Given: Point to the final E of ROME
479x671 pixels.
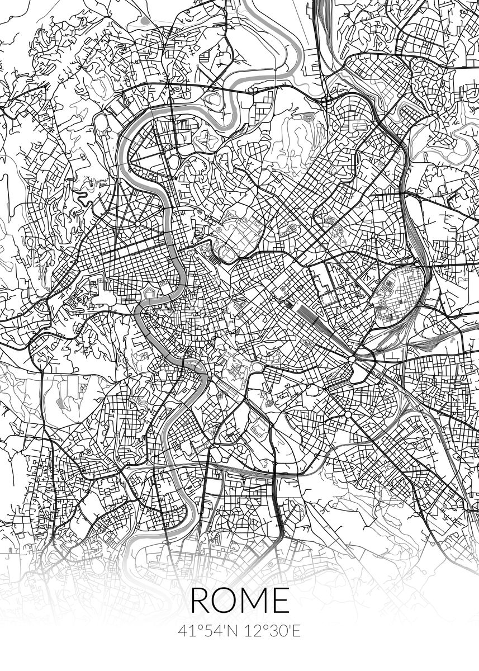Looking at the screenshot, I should coord(281,601).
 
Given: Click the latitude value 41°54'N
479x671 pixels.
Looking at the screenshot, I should coord(206,631).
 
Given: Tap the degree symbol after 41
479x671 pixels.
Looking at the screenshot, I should coord(193,627).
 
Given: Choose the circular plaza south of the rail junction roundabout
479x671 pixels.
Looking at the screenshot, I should coord(347,414).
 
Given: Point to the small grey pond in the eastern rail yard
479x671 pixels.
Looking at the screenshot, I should coord(452,339).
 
